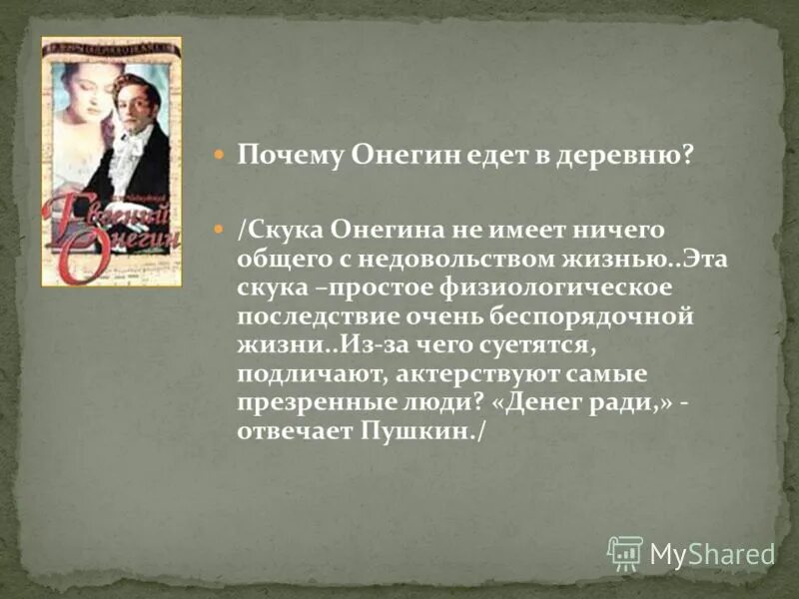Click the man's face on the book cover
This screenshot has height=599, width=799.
pyautogui.click(x=137, y=105)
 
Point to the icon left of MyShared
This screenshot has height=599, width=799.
pyautogui.click(x=625, y=552)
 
